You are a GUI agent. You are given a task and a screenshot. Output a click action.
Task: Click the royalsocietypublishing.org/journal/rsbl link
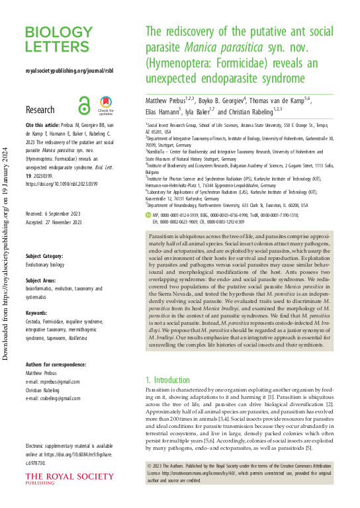click(x=68, y=69)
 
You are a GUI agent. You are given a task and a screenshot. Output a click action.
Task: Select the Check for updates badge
click(x=106, y=106)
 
